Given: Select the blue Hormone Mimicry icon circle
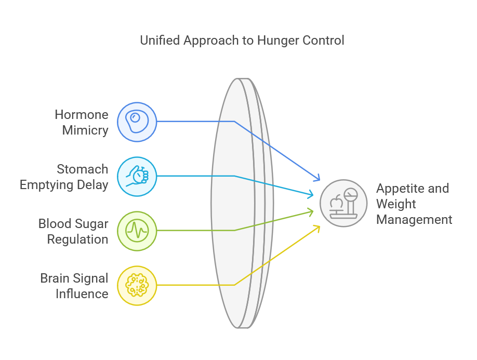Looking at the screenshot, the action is [x=137, y=122].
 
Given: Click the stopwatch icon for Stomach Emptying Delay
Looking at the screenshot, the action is [x=137, y=176].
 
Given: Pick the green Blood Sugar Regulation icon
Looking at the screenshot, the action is [x=137, y=231].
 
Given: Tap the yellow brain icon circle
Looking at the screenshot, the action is [x=137, y=285].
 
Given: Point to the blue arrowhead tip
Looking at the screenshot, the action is [x=320, y=180].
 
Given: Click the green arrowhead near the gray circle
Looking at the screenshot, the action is [x=313, y=211].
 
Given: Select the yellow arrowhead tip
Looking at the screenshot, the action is [x=319, y=226].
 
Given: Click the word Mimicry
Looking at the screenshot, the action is [x=85, y=130].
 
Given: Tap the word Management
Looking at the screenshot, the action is [x=414, y=219].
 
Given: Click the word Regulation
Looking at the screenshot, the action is [x=77, y=239].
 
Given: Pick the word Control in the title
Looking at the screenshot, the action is [x=324, y=40].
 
